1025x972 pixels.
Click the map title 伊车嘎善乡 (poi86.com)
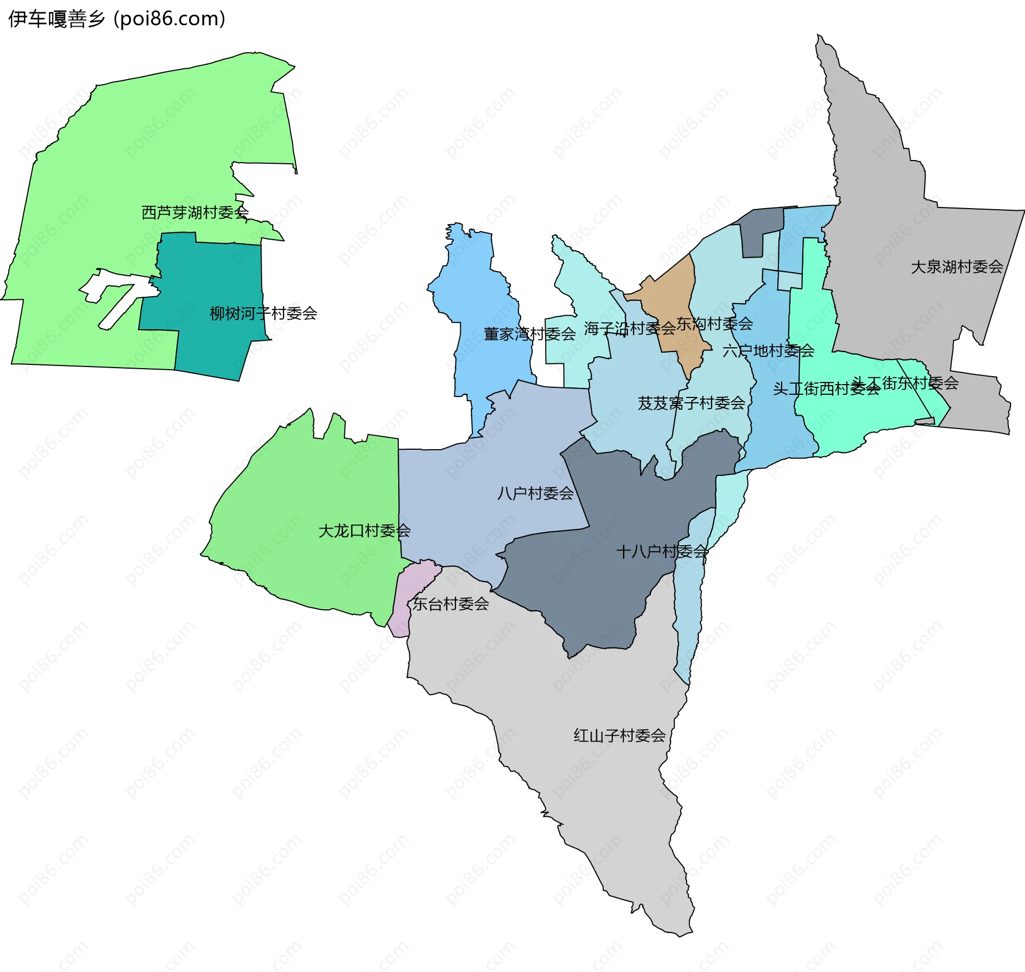point(116,19)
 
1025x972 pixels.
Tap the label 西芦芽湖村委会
point(195,212)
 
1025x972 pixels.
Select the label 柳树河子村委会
point(263,313)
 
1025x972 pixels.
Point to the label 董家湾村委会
point(529,334)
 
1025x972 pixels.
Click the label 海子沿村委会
point(629,328)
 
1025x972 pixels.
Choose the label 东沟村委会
point(714,323)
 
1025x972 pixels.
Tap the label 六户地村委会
point(768,350)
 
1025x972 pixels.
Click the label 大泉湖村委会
point(957,266)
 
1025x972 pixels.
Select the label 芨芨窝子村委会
point(691,403)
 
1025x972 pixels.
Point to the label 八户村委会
point(535,493)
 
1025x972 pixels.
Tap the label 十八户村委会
point(662,551)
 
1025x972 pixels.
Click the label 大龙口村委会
point(364,530)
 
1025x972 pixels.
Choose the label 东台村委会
point(451,603)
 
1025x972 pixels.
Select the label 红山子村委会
point(619,736)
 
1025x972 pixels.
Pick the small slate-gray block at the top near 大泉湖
point(761,232)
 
